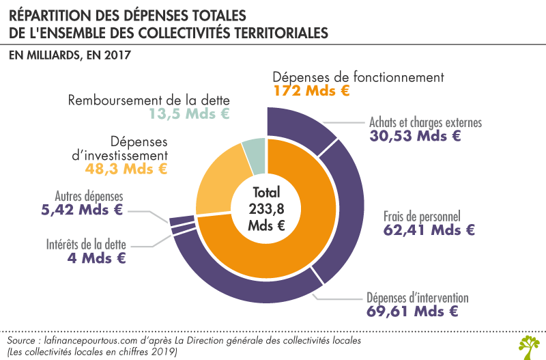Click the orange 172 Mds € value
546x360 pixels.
[312, 90]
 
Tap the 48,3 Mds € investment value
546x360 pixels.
[126, 167]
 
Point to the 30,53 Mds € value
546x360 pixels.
[416, 135]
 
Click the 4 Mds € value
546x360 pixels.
[96, 258]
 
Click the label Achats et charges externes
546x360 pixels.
[426, 122]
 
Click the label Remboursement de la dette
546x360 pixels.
[148, 100]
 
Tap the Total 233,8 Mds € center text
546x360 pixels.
[265, 208]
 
